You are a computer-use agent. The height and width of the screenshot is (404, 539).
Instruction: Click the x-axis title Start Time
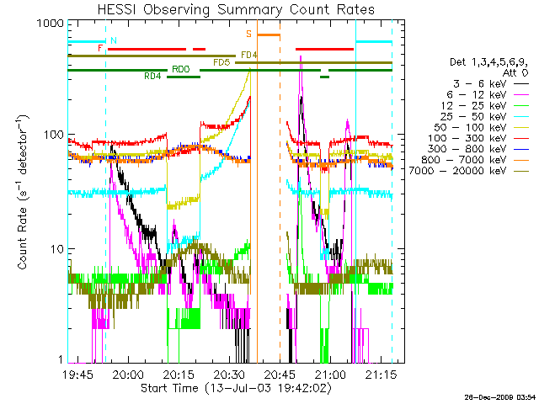pyautogui.click(x=236, y=388)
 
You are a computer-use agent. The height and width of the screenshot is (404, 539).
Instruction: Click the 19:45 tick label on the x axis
pyautogui.click(x=77, y=375)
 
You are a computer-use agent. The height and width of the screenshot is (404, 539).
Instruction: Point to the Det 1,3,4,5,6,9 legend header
pyautogui.click(x=489, y=62)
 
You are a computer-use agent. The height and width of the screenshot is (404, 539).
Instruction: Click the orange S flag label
pyautogui.click(x=249, y=34)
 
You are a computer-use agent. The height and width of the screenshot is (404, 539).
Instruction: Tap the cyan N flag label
pyautogui.click(x=114, y=40)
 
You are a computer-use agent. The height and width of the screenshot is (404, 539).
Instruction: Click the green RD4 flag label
pyautogui.click(x=153, y=77)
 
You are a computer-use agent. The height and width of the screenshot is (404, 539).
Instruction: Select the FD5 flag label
pyautogui.click(x=222, y=62)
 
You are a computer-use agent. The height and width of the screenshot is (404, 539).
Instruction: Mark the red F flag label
pyautogui.click(x=100, y=49)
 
